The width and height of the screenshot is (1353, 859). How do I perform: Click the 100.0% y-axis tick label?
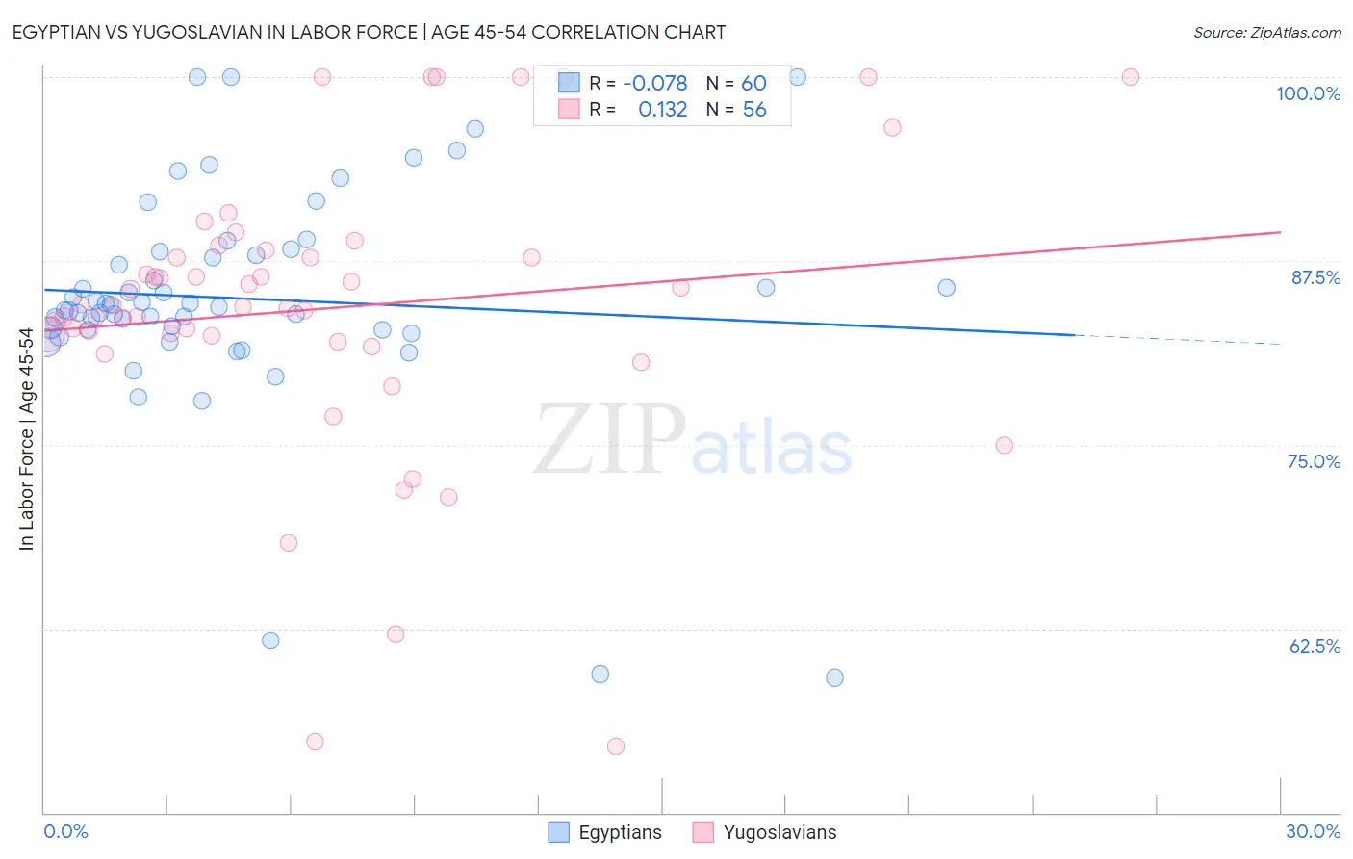[1308, 93]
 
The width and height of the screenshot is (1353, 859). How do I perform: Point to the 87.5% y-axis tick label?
[1315, 277]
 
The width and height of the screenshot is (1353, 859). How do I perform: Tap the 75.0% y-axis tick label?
[1314, 461]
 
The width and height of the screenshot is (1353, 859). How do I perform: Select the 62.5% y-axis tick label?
[1315, 646]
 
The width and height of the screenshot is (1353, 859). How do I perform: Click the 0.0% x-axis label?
[65, 831]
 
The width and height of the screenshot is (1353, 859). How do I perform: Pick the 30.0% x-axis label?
[1313, 831]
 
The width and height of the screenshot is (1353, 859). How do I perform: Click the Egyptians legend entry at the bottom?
[605, 832]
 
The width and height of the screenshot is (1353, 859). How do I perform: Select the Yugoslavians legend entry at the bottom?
[765, 832]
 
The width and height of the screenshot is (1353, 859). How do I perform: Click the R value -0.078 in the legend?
[654, 84]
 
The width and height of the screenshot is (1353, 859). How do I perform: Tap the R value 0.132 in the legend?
[662, 110]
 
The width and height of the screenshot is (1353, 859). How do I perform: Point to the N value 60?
[753, 84]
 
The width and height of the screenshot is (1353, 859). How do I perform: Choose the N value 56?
[754, 110]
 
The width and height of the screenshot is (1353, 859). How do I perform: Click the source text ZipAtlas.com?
[1266, 33]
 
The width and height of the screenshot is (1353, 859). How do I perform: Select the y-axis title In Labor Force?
[26, 439]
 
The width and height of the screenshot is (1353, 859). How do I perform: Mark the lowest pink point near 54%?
[616, 746]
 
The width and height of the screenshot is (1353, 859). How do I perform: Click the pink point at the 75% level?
[1004, 445]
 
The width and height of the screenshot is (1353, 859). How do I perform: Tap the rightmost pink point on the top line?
[1131, 77]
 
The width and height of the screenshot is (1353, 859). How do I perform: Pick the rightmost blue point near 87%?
[946, 288]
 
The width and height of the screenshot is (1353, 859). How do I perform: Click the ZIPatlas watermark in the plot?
[693, 439]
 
